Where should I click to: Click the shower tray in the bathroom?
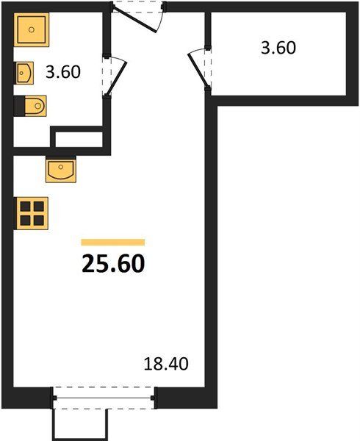pyautogui.click(x=32, y=29)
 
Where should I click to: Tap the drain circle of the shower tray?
pyautogui.click(x=32, y=29)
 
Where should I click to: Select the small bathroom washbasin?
pyautogui.click(x=24, y=73)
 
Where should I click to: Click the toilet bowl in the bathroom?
pyautogui.click(x=35, y=106)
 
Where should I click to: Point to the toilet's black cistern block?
pyautogui.click(x=19, y=106)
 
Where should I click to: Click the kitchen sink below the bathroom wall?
pyautogui.click(x=61, y=171)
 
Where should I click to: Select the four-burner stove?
pyautogui.click(x=32, y=213)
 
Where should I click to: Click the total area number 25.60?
pyautogui.click(x=113, y=264)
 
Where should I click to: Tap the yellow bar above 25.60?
pyautogui.click(x=113, y=242)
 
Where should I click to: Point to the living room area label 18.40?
pyautogui.click(x=166, y=364)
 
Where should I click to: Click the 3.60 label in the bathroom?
pyautogui.click(x=63, y=72)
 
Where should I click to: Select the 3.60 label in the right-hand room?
pyautogui.click(x=278, y=48)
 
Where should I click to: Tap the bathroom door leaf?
pyautogui.click(x=116, y=79)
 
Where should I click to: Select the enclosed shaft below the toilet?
pyautogui.click(x=79, y=140)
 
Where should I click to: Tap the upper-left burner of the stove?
pyautogui.click(x=25, y=207)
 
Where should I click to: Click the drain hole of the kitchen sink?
pyautogui.click(x=61, y=167)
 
